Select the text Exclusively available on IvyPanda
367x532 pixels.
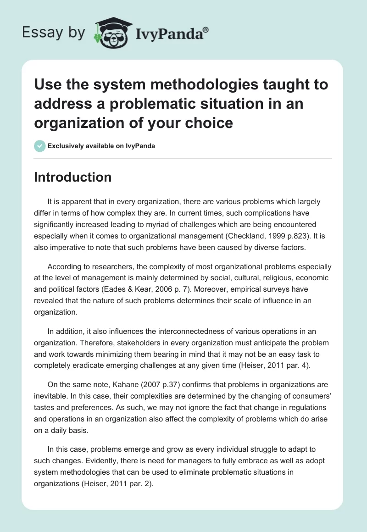click(x=100, y=146)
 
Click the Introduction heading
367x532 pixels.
click(x=72, y=177)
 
